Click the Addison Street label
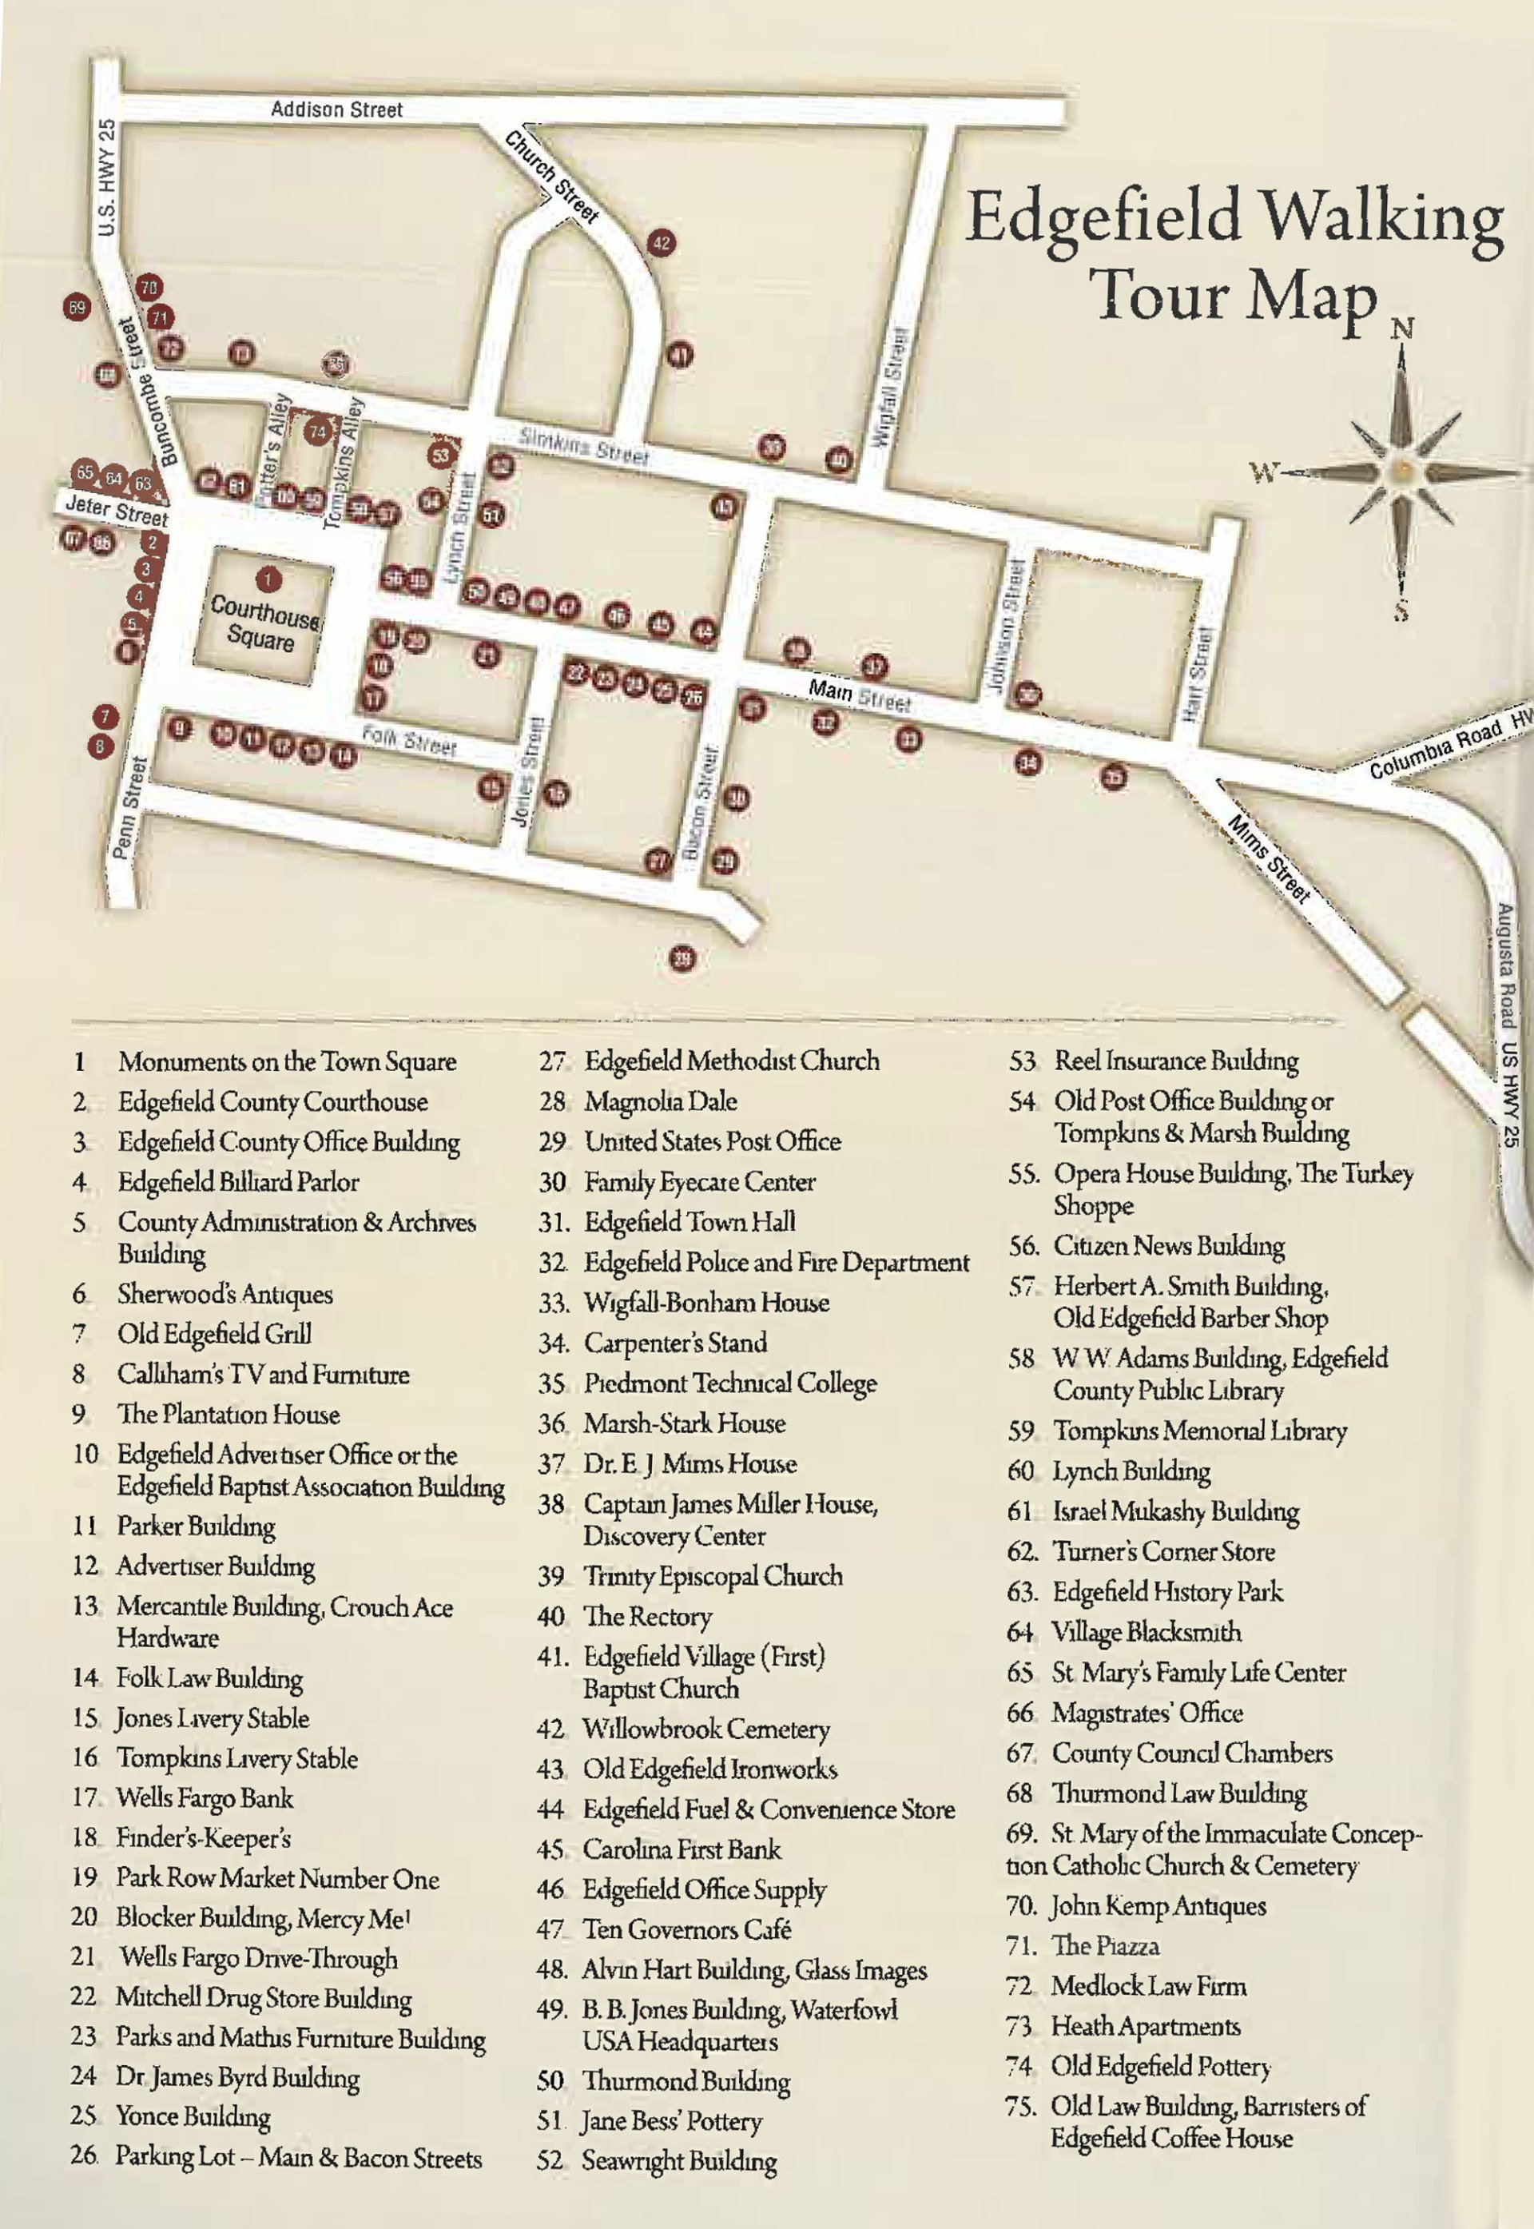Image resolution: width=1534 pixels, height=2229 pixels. (336, 109)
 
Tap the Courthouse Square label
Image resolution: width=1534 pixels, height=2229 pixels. (262, 622)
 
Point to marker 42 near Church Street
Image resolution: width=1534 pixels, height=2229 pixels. (662, 243)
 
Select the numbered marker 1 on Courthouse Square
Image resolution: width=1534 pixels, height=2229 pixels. (268, 579)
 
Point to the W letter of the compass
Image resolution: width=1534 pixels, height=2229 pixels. (1264, 472)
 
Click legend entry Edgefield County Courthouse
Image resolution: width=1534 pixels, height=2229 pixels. (272, 1101)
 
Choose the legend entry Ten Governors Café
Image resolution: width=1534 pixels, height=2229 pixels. (686, 1928)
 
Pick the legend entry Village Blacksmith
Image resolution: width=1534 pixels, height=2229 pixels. (1146, 1631)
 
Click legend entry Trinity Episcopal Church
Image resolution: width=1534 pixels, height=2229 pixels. (712, 1575)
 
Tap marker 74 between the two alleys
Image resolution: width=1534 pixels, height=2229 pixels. (317, 432)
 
